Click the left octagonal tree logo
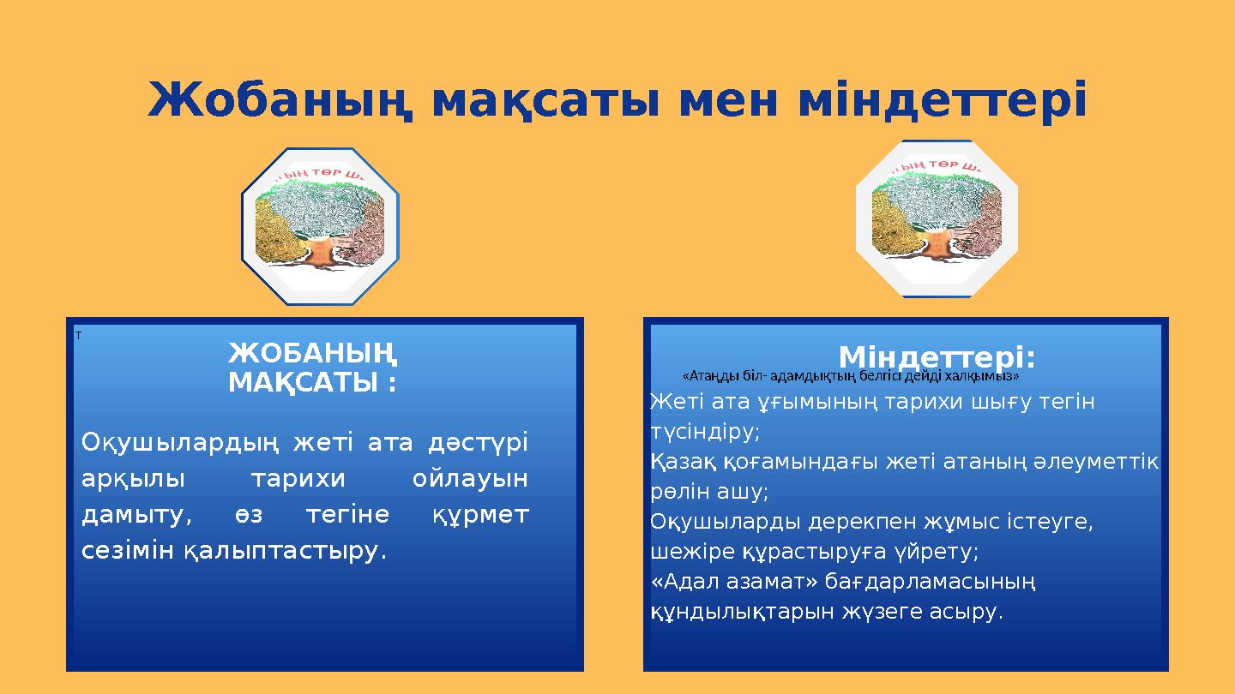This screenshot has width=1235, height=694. pyautogui.click(x=321, y=227)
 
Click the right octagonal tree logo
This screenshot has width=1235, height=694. pyautogui.click(x=936, y=219)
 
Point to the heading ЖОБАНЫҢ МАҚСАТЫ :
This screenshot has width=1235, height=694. pyautogui.click(x=312, y=368)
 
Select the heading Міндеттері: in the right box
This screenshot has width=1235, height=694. pyautogui.click(x=937, y=356)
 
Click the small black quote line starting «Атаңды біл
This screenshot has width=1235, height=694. pyautogui.click(x=850, y=375)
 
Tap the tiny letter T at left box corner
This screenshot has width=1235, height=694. pyautogui.click(x=78, y=335)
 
